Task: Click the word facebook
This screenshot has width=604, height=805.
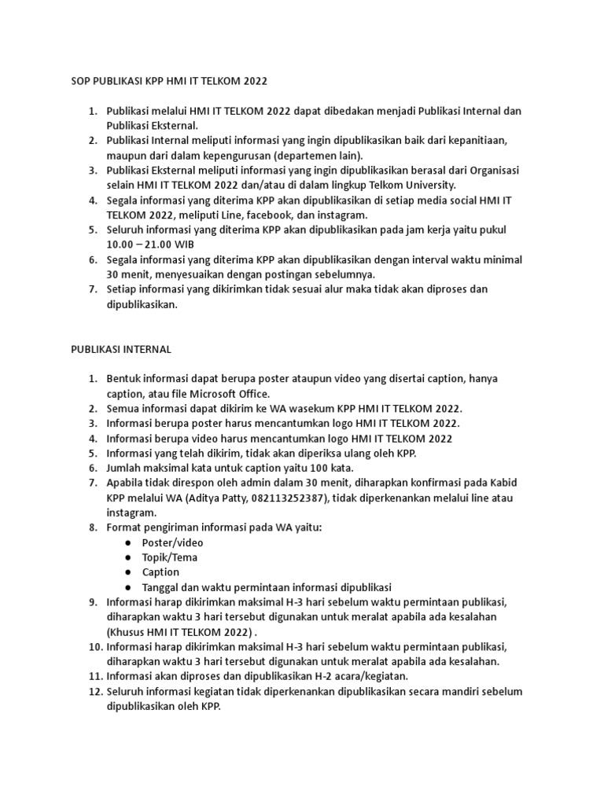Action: (268, 215)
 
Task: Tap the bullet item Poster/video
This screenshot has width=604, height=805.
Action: (172, 542)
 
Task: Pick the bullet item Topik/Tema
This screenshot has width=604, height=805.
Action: (169, 557)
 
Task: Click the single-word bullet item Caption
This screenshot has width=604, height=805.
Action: (160, 572)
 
